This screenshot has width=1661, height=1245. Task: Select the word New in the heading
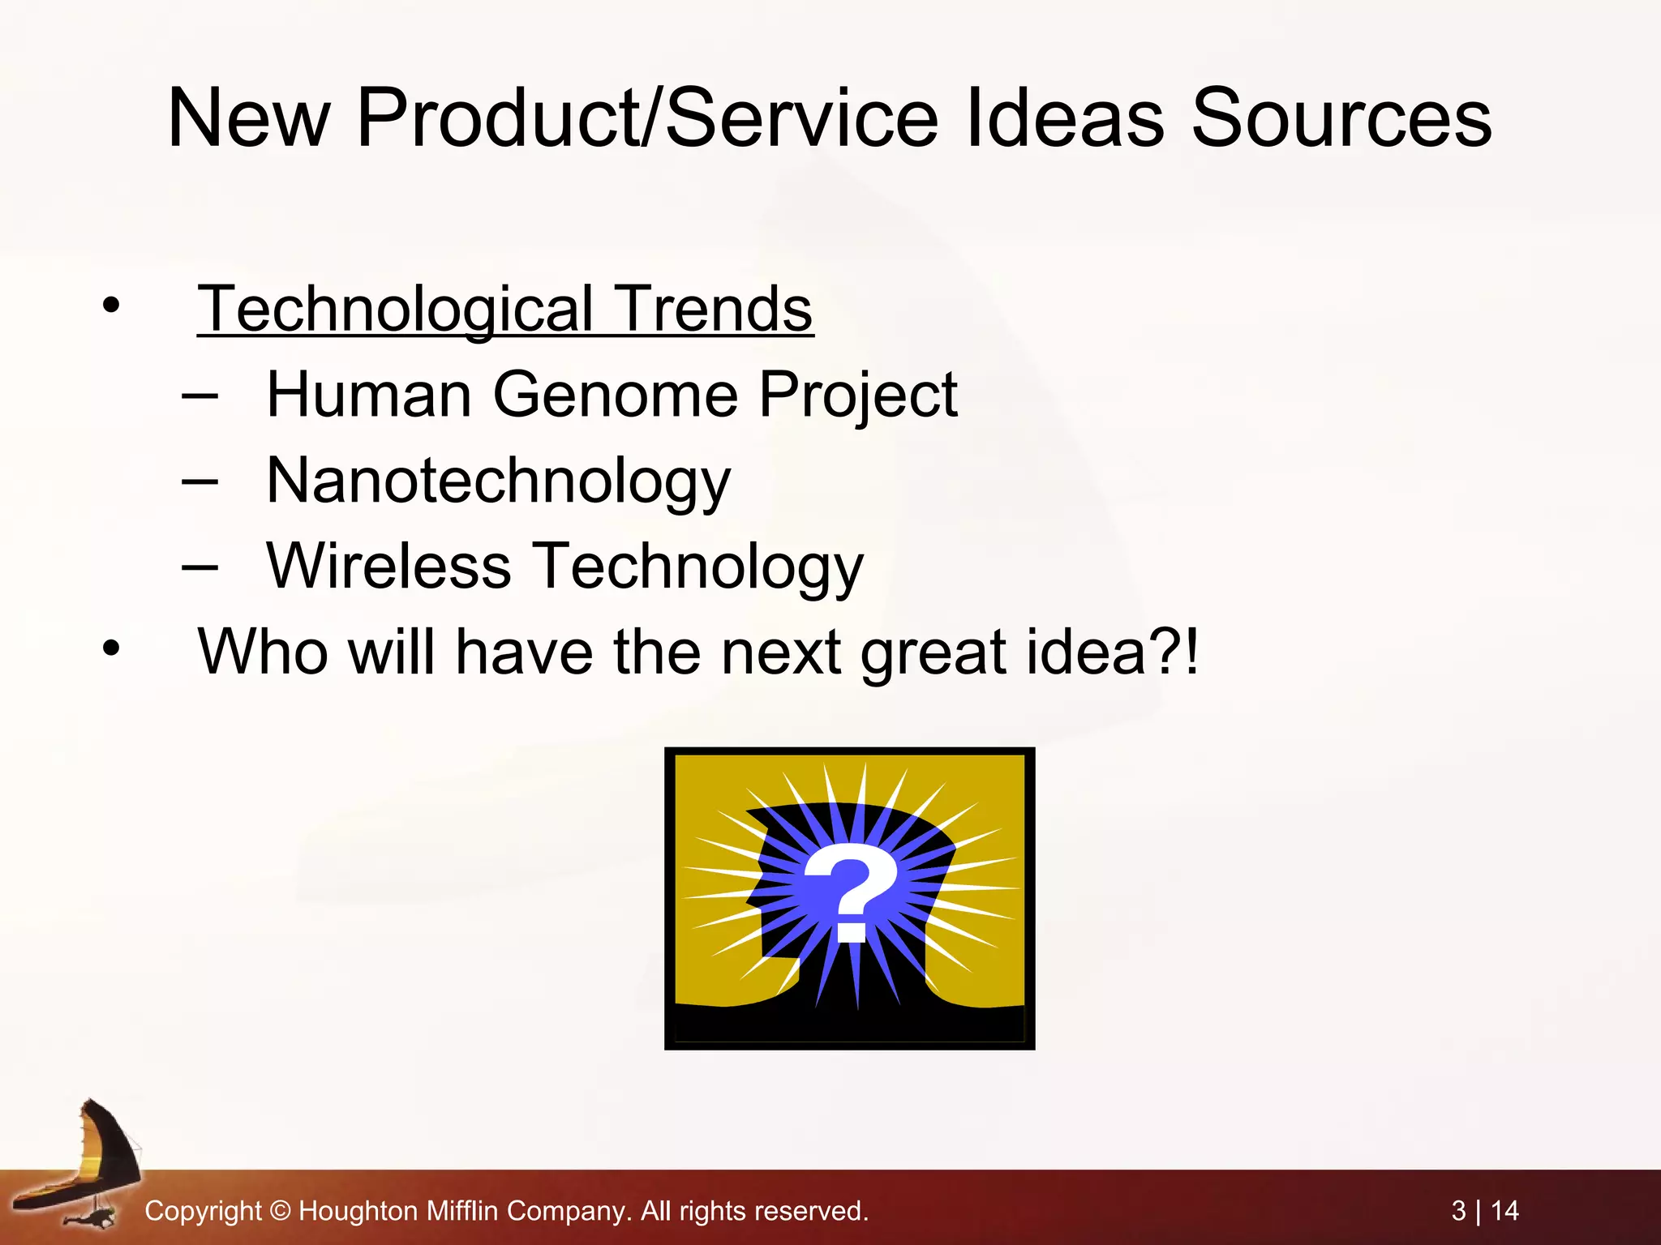pyautogui.click(x=247, y=119)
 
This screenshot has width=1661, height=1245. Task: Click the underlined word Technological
pyautogui.click(x=396, y=310)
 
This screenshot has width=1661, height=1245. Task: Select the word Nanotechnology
pyautogui.click(x=498, y=481)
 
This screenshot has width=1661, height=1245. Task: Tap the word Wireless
pyautogui.click(x=388, y=566)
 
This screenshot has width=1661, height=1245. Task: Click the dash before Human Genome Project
pyautogui.click(x=200, y=396)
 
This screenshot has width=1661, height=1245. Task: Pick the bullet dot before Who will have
pyautogui.click(x=111, y=648)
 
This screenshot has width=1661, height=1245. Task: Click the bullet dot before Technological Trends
pyautogui.click(x=111, y=306)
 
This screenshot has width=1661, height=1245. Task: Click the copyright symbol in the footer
pyautogui.click(x=280, y=1211)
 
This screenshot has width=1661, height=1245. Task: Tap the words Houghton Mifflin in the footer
pyautogui.click(x=398, y=1211)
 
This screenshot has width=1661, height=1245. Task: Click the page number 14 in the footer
pyautogui.click(x=1504, y=1211)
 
